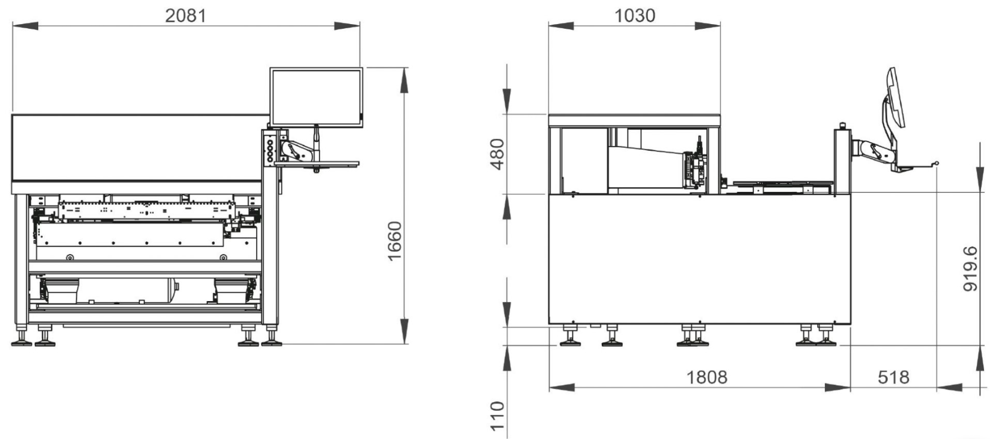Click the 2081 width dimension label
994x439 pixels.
click(186, 16)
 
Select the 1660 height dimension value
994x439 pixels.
click(395, 241)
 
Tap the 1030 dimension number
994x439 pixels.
click(635, 16)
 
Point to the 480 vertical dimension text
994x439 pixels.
click(498, 154)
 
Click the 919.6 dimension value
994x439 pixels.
click(970, 269)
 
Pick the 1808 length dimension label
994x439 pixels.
click(707, 377)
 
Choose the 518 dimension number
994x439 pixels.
click(894, 377)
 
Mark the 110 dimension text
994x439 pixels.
click(497, 416)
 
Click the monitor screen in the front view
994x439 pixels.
click(316, 97)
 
